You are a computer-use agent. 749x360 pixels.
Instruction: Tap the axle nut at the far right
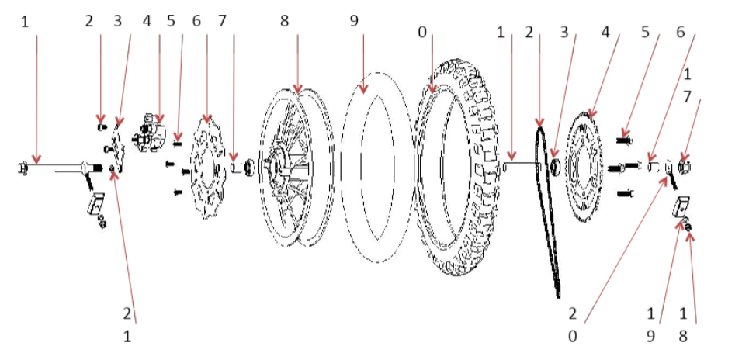point(685,165)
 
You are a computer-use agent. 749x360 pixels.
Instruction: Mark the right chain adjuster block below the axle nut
point(680,207)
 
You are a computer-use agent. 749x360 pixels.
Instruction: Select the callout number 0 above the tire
point(422,32)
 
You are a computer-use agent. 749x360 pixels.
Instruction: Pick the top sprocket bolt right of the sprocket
point(624,140)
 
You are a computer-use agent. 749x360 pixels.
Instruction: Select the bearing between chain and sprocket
point(556,165)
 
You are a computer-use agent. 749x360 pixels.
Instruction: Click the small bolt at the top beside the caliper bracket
point(100,126)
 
